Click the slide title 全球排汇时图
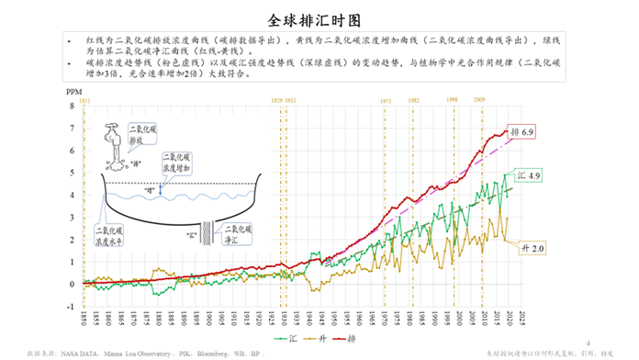click(x=319, y=19)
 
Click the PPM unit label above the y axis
click(x=73, y=93)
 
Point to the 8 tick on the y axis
click(x=72, y=105)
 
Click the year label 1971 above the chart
click(x=387, y=100)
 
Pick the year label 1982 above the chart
click(x=414, y=100)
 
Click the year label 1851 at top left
click(x=84, y=100)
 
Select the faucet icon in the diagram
click(x=115, y=138)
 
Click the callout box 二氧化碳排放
click(x=143, y=136)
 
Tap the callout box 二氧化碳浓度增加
click(x=177, y=163)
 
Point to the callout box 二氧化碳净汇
click(x=238, y=232)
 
